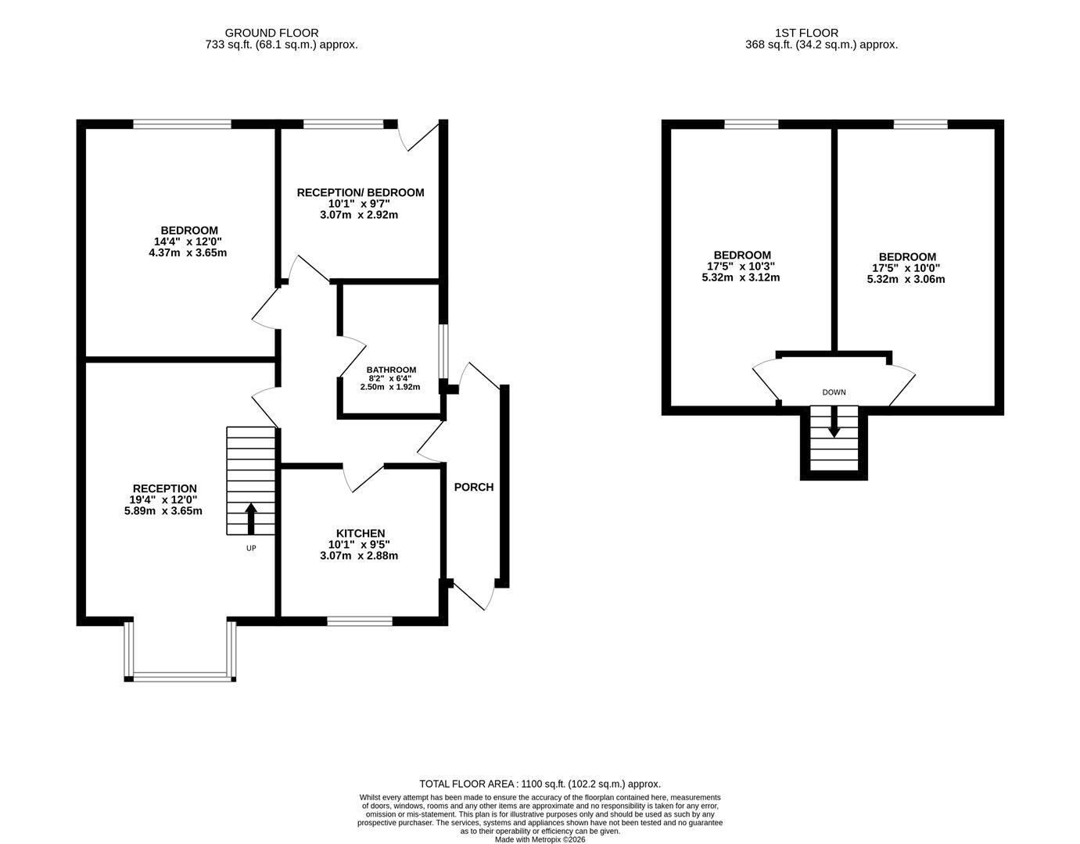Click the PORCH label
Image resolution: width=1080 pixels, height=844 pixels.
click(x=474, y=487)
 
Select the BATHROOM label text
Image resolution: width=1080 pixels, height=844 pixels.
click(x=391, y=370)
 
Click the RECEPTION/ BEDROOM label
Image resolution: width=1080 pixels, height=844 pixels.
click(x=360, y=192)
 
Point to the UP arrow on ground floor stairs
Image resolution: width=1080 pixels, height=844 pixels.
click(x=251, y=518)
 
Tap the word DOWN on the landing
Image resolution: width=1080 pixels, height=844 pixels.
click(x=834, y=392)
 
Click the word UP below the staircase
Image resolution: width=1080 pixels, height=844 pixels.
click(x=251, y=548)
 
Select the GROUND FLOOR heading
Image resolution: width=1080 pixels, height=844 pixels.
click(x=271, y=33)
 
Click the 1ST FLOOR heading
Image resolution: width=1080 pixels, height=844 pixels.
click(x=806, y=33)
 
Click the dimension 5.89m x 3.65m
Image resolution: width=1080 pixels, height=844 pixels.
click(x=163, y=511)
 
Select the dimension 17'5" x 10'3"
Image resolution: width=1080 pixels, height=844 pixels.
click(x=741, y=266)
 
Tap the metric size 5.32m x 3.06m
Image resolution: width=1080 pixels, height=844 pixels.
click(x=906, y=279)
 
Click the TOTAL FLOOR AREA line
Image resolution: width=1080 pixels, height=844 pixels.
click(x=540, y=784)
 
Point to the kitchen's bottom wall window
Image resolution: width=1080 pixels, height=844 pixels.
click(x=360, y=621)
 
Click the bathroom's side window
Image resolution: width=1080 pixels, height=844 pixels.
click(x=443, y=352)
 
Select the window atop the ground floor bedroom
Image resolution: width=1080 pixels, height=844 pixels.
click(x=182, y=123)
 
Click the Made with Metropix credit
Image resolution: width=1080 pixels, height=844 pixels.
click(x=540, y=839)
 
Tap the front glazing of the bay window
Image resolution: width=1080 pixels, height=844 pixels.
click(x=183, y=677)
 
